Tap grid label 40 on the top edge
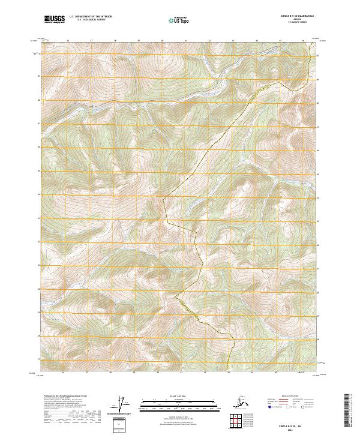(163, 41)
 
